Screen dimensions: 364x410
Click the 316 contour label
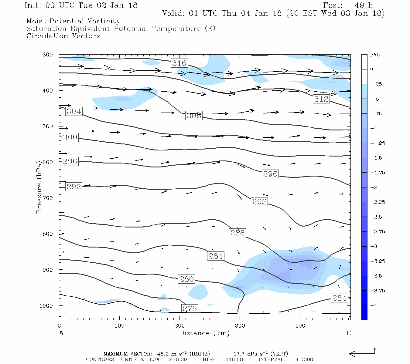[179, 63]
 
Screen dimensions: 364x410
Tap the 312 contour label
[321, 99]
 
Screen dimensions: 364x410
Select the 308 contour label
[194, 116]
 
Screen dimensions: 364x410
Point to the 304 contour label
[74, 111]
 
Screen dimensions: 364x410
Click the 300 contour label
[70, 137]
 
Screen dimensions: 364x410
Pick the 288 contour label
[237, 233]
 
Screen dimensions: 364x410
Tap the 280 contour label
[186, 279]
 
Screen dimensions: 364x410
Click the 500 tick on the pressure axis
[48, 126]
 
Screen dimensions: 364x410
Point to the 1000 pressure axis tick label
[46, 306]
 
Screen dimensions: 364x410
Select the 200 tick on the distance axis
[180, 326]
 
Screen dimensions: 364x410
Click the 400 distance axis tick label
[300, 326]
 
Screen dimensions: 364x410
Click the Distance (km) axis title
[204, 333]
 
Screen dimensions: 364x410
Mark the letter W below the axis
[62, 333]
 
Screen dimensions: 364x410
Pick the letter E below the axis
[349, 333]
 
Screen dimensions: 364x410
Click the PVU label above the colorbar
[375, 55]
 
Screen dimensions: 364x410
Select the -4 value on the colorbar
[374, 305]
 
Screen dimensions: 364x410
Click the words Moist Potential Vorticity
[73, 21]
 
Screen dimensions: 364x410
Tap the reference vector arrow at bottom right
[362, 353]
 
